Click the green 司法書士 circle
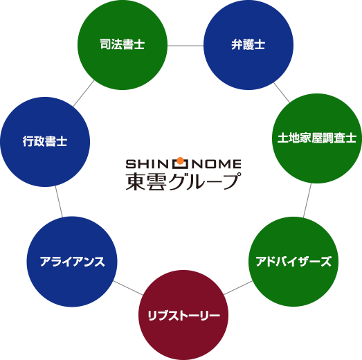click(x=122, y=44)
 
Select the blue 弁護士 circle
click(x=248, y=44)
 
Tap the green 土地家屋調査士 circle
click(x=316, y=138)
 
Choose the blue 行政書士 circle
click(x=44, y=141)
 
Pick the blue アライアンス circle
click(x=72, y=262)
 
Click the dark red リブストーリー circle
click(x=183, y=316)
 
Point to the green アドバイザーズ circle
click(x=293, y=262)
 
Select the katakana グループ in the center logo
click(x=204, y=181)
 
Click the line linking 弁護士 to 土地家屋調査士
click(x=282, y=92)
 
